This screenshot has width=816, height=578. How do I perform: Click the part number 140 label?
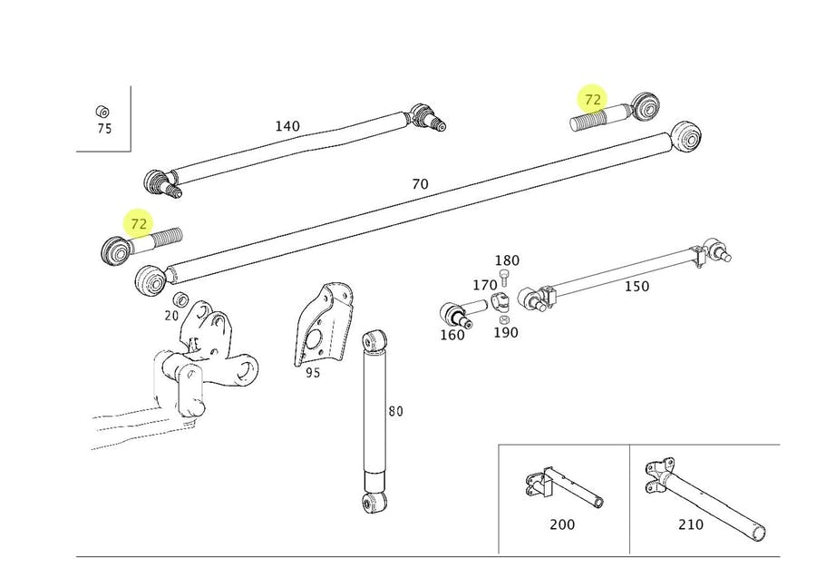(x=287, y=126)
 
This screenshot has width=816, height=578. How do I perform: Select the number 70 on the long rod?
(x=420, y=184)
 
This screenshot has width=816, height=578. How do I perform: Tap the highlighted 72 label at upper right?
(x=593, y=99)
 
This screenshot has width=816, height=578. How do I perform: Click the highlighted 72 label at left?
(x=139, y=223)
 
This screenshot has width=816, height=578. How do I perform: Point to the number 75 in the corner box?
(x=104, y=129)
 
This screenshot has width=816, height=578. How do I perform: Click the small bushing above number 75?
(x=102, y=112)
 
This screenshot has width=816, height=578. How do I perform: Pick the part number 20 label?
(x=171, y=315)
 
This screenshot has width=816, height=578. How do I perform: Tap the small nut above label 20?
(x=180, y=299)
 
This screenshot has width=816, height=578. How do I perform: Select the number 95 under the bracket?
(x=312, y=372)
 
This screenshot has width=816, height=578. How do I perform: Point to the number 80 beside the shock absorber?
(x=395, y=411)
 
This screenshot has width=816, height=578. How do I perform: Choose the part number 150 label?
(x=636, y=286)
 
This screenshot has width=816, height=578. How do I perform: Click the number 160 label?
(x=452, y=335)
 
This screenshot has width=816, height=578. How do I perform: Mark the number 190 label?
(x=505, y=332)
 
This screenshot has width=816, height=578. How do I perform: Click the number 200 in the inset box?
(x=562, y=524)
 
